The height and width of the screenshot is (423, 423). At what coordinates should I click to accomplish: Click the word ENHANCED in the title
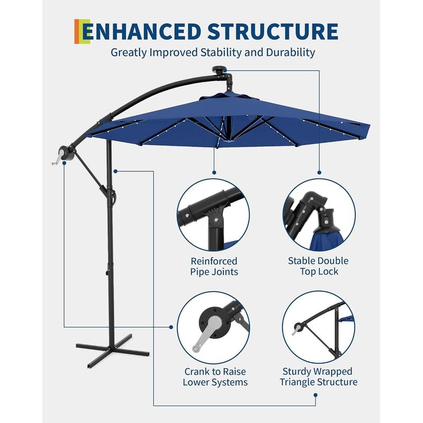point(142,32)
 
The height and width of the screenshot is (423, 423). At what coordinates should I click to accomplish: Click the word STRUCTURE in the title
point(273,32)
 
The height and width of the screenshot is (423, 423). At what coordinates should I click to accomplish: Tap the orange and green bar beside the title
point(82,32)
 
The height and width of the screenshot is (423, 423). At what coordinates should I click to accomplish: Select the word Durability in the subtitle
point(290,52)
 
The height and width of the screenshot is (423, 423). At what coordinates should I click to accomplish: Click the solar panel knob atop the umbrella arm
point(219,69)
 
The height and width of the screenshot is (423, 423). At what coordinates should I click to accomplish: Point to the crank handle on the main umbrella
point(57,161)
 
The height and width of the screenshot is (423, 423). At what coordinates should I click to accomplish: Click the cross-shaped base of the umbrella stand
point(113,350)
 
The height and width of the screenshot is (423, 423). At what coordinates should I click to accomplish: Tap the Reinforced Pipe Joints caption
point(214,266)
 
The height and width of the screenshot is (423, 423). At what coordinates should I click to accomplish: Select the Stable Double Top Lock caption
point(318,266)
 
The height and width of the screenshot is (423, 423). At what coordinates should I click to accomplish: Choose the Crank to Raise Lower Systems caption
point(215,377)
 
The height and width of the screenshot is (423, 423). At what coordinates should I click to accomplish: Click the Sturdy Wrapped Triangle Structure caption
point(318,376)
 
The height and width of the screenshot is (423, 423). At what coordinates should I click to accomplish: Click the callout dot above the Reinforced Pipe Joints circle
point(214,172)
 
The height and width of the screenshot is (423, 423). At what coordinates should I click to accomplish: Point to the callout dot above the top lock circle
point(319,172)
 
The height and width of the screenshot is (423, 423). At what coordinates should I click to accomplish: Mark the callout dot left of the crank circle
point(171,327)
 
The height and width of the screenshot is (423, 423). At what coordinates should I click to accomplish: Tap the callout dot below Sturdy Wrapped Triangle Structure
point(315,395)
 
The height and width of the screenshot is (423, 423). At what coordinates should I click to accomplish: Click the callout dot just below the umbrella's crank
point(64,163)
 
